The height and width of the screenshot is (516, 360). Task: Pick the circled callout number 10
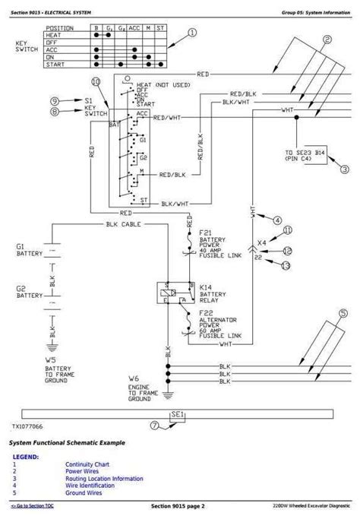95,81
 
